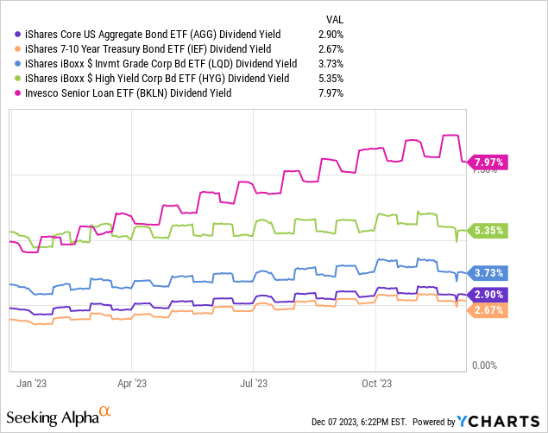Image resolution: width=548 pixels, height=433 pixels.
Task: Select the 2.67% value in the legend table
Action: [331, 48]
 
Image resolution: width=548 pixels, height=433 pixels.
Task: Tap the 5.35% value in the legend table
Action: [331, 79]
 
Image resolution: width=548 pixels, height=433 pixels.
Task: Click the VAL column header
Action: [334, 16]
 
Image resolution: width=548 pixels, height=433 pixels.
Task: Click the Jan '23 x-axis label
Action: [32, 379]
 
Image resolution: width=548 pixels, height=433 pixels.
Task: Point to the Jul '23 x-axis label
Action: [253, 379]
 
